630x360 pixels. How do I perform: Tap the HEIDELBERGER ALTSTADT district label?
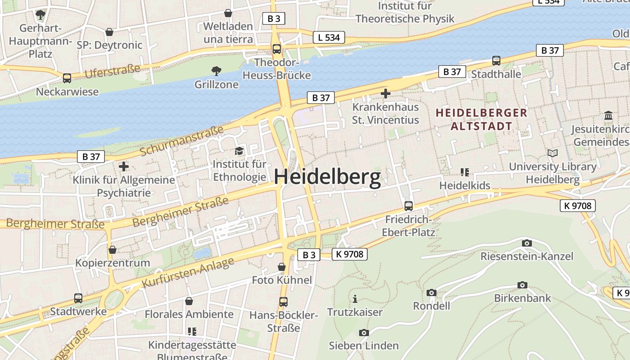(481, 119)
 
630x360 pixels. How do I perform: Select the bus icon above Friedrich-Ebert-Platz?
(408, 206)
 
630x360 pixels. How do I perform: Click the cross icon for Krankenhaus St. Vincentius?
(385, 94)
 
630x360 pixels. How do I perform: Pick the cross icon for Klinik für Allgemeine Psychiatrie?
(123, 166)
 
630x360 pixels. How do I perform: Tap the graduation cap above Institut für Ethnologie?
(239, 151)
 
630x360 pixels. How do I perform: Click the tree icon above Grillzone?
(216, 71)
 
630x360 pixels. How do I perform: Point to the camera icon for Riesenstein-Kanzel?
(526, 243)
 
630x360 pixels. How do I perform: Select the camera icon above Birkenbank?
(522, 285)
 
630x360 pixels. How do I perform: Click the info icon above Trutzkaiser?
(355, 298)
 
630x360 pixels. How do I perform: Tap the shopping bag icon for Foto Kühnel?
(282, 267)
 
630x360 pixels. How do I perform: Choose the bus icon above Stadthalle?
(496, 60)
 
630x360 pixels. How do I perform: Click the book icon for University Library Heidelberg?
(552, 153)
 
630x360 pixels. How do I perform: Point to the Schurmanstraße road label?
(182, 141)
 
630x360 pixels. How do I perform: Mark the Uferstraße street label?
(112, 71)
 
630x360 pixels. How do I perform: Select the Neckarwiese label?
(67, 92)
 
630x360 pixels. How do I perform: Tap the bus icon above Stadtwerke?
(78, 298)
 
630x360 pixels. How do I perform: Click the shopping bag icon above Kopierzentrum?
(112, 249)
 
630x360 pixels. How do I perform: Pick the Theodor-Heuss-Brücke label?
(276, 69)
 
